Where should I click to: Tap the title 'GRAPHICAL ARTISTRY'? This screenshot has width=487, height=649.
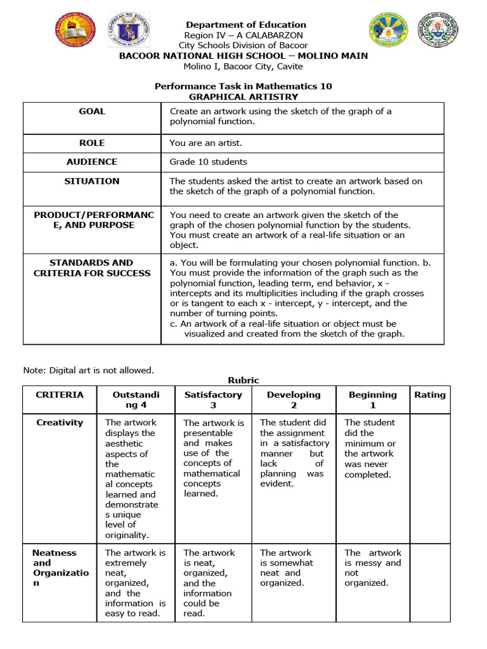[243, 97]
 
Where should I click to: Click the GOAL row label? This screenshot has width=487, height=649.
[92, 112]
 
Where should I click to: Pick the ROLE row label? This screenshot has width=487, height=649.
[92, 143]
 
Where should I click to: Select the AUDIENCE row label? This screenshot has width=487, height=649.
[92, 162]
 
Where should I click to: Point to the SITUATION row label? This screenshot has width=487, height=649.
[92, 181]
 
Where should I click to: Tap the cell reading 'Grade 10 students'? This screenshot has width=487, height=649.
[209, 162]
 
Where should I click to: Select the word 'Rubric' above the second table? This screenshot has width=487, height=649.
[243, 380]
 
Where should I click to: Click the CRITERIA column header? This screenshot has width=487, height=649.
[60, 395]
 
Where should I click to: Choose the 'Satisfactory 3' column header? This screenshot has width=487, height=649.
[213, 400]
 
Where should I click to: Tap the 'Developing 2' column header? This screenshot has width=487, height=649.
[294, 400]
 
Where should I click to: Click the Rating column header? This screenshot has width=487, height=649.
[429, 395]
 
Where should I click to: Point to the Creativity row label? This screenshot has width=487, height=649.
[60, 423]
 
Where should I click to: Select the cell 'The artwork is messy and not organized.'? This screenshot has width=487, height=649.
[373, 568]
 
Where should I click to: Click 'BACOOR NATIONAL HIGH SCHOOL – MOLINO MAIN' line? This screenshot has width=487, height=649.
[243, 56]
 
